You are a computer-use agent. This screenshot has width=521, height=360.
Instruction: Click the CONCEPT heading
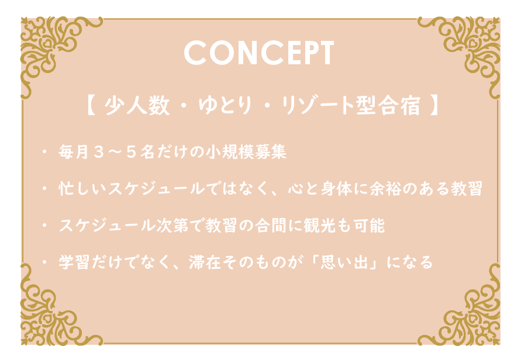click(259, 53)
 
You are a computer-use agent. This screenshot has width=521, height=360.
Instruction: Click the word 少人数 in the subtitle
click(137, 106)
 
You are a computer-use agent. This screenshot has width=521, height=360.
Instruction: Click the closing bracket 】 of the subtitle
click(434, 106)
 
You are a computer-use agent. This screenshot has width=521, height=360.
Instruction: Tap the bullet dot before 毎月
click(44, 152)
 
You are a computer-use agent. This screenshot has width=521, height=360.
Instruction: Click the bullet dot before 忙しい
click(44, 189)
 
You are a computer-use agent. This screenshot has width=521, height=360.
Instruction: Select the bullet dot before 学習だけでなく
click(44, 262)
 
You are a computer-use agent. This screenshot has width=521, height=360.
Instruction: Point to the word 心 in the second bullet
click(295, 189)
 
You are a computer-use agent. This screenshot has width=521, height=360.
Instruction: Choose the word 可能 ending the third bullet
click(369, 226)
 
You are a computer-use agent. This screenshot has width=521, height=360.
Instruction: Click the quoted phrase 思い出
click(344, 262)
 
